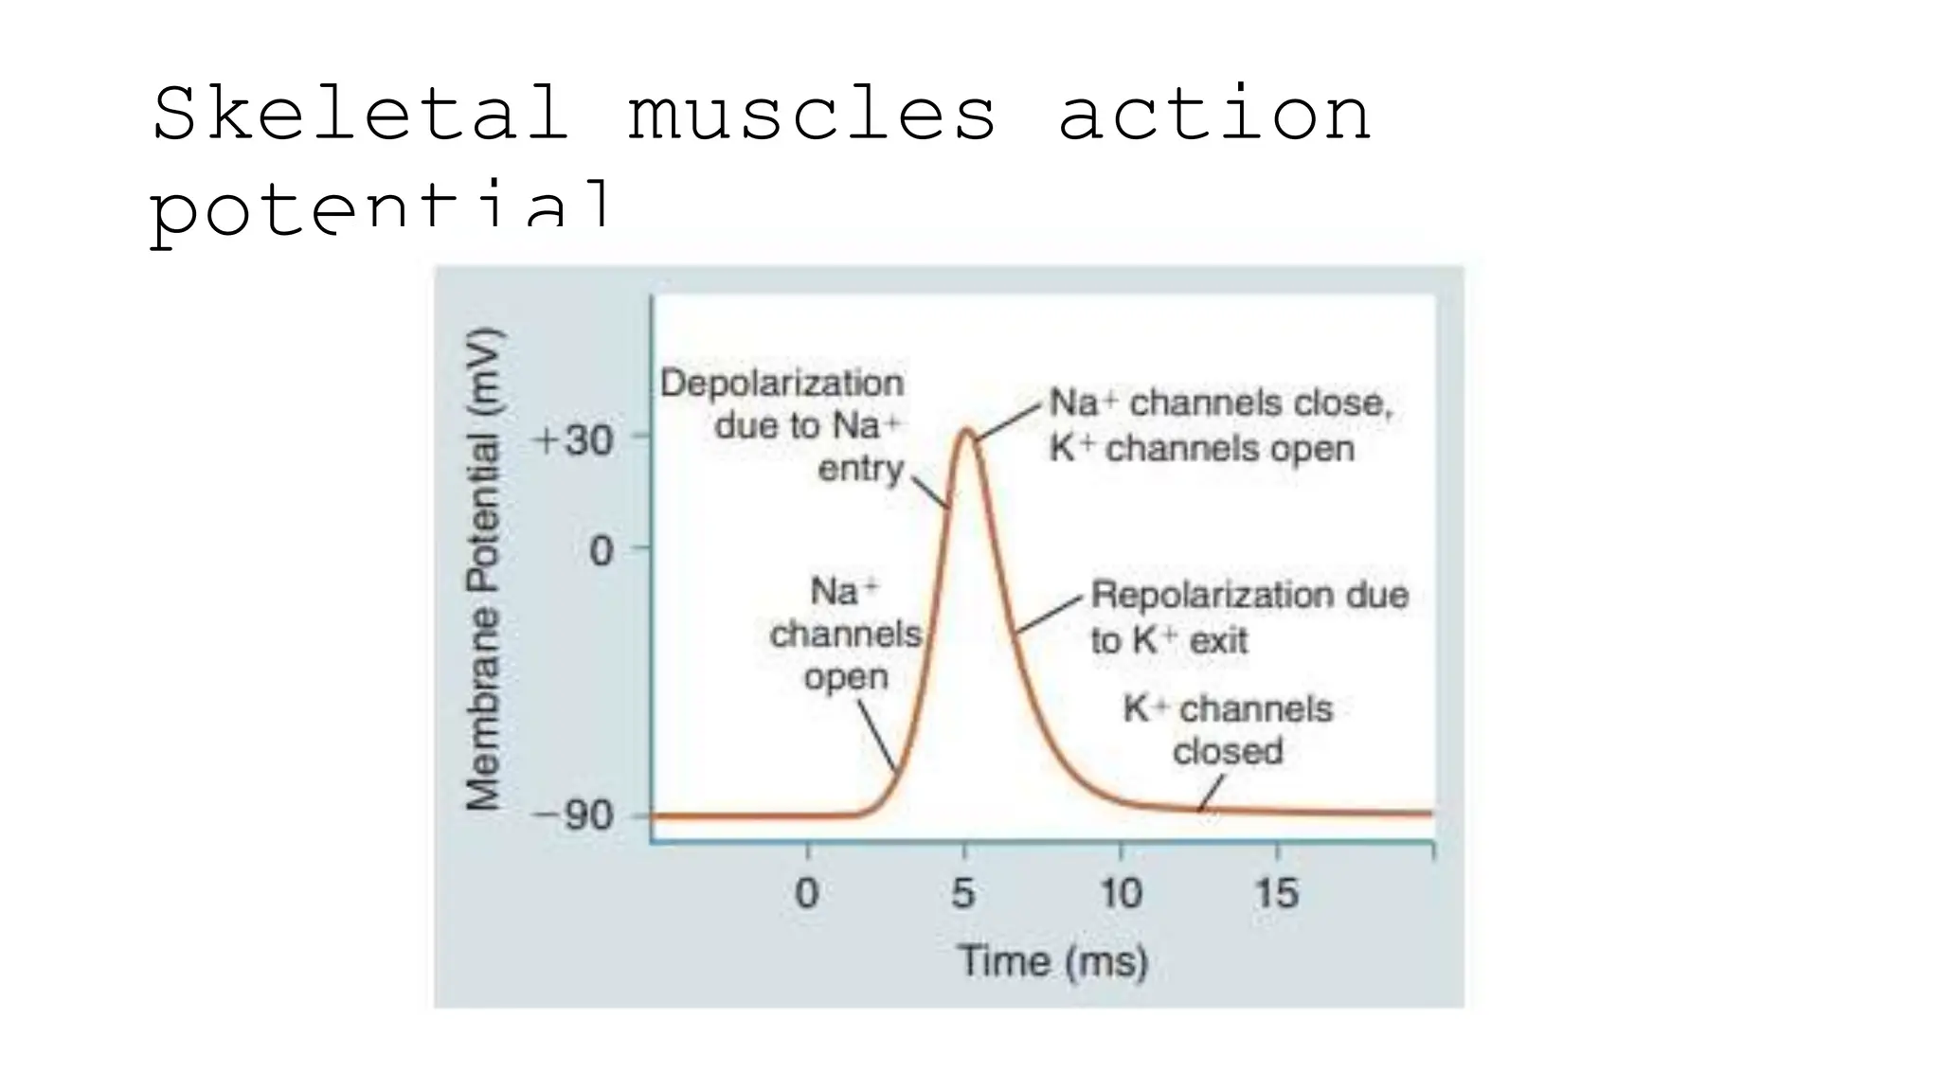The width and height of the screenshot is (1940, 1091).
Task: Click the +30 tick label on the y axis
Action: [x=574, y=441]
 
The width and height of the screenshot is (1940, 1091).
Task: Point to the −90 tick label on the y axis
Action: [x=573, y=815]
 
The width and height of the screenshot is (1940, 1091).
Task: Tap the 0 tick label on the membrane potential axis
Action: [x=601, y=550]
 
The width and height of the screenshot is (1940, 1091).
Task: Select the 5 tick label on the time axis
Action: [x=962, y=893]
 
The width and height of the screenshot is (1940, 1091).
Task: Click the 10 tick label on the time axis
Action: [x=1120, y=893]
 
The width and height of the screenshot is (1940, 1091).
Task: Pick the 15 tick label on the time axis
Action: [x=1276, y=893]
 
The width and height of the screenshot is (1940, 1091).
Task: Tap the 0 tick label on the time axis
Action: [x=807, y=893]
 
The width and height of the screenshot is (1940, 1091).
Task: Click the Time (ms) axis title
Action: [x=1052, y=961]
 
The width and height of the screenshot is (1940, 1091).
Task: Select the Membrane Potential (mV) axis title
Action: [x=483, y=568]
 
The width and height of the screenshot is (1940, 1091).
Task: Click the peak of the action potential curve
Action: [x=966, y=432]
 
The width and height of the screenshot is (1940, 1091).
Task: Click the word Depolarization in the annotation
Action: [x=781, y=384]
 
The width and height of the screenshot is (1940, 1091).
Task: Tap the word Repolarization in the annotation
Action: [x=1182, y=596]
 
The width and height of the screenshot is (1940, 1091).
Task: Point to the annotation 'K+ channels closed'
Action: [x=1228, y=729]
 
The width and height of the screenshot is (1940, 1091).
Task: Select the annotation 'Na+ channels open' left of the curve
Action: [x=845, y=634]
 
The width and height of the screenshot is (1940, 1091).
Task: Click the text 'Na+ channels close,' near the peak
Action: [x=1220, y=403]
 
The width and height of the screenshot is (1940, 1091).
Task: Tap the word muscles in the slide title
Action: [x=812, y=114]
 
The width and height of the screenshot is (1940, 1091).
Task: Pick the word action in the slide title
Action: [x=1213, y=114]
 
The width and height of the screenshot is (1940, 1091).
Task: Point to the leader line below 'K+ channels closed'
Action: [x=1212, y=793]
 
